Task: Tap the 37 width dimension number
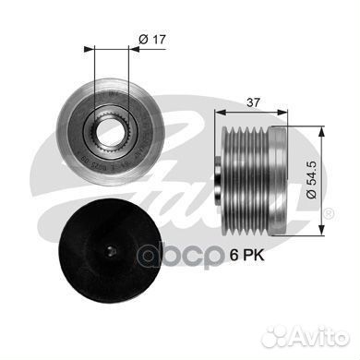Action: click(253, 104)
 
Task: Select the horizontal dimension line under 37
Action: click(253, 114)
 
